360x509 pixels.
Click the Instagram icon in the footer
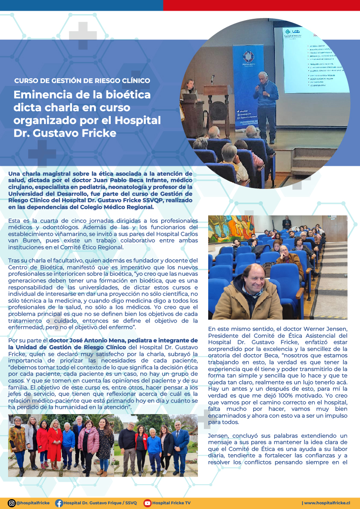pyautogui.click(x=12, y=503)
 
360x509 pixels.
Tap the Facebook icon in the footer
pyautogui.click(x=59, y=503)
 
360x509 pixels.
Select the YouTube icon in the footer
pyautogui.click(x=148, y=503)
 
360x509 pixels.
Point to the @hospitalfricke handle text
pyautogui.click(x=33, y=503)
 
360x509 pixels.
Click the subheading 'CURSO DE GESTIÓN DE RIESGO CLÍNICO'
pyautogui.click(x=82, y=80)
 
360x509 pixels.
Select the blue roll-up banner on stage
pyautogui.click(x=248, y=85)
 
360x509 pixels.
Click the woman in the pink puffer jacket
pyautogui.click(x=89, y=440)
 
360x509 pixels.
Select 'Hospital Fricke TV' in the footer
pyautogui.click(x=171, y=503)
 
